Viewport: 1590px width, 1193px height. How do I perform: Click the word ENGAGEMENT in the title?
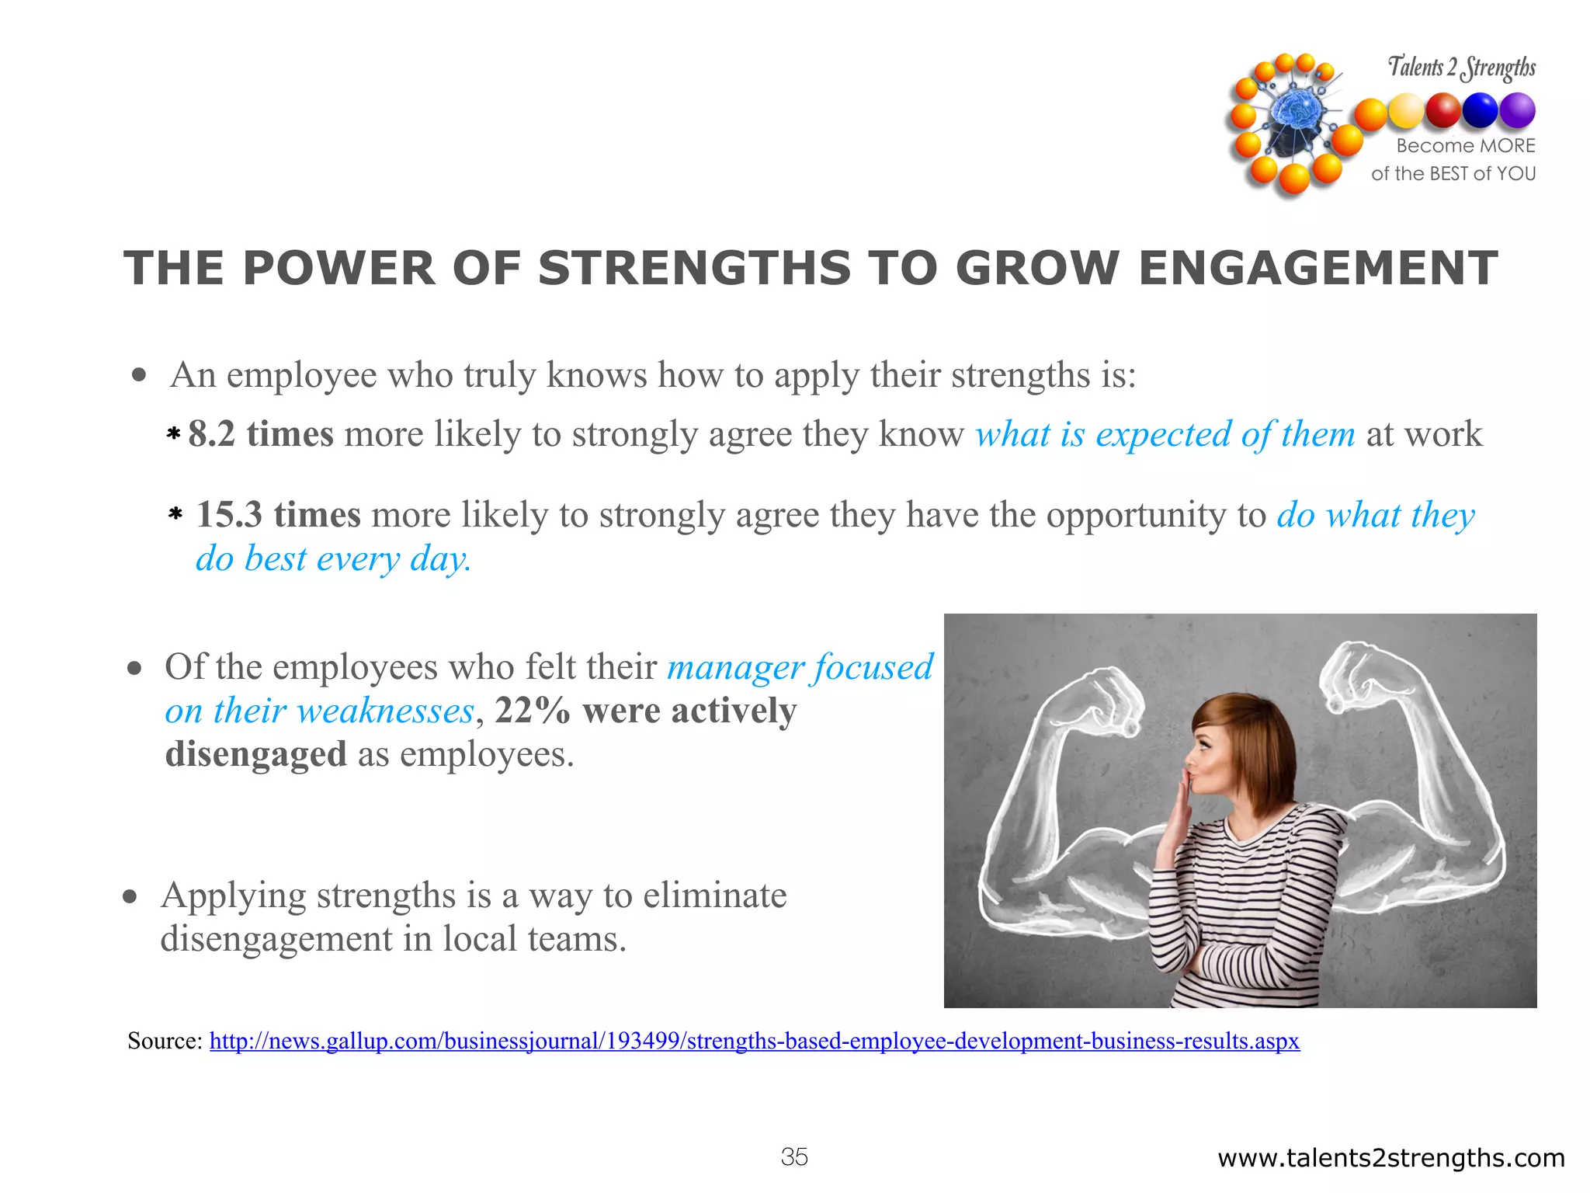click(x=1317, y=269)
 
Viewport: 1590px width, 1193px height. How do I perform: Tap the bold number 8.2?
click(x=211, y=434)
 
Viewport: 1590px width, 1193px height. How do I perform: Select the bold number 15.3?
click(x=228, y=515)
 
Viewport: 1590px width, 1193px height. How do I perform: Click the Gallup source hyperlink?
click(x=754, y=1041)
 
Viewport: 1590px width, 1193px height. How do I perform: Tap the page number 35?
click(x=794, y=1157)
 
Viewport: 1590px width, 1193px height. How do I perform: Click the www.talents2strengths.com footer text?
click(x=1390, y=1158)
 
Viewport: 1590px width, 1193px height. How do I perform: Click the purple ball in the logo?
click(x=1517, y=110)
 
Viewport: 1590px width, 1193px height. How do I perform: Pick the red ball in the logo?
click(x=1443, y=110)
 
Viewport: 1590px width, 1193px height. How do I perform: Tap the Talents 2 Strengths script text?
click(x=1461, y=68)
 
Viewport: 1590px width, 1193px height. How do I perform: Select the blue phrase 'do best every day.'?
click(x=333, y=559)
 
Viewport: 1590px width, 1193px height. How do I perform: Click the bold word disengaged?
click(x=255, y=754)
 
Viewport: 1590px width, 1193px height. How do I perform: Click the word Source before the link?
click(x=164, y=1041)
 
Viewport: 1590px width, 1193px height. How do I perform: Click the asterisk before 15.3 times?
click(x=175, y=514)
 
